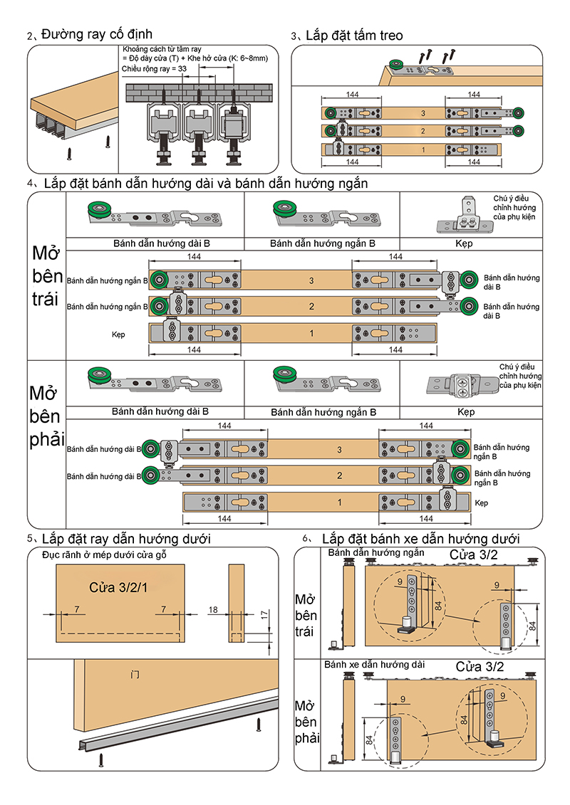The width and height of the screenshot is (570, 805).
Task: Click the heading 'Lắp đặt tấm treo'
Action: click(353, 35)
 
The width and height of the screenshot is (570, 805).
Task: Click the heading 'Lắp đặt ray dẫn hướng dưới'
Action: click(126, 539)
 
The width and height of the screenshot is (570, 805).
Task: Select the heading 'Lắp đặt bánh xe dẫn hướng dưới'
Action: click(420, 539)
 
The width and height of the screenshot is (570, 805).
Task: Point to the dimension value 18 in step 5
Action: click(213, 610)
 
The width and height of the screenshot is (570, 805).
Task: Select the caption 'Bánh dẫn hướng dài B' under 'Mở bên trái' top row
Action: click(161, 243)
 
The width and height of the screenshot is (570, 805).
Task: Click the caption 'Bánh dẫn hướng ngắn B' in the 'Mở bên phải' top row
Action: click(323, 412)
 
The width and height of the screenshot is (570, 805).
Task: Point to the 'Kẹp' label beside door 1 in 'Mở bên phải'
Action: click(481, 503)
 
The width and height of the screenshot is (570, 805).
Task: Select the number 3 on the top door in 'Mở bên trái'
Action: click(311, 281)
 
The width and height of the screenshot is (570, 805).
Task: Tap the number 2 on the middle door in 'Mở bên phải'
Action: click(339, 475)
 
